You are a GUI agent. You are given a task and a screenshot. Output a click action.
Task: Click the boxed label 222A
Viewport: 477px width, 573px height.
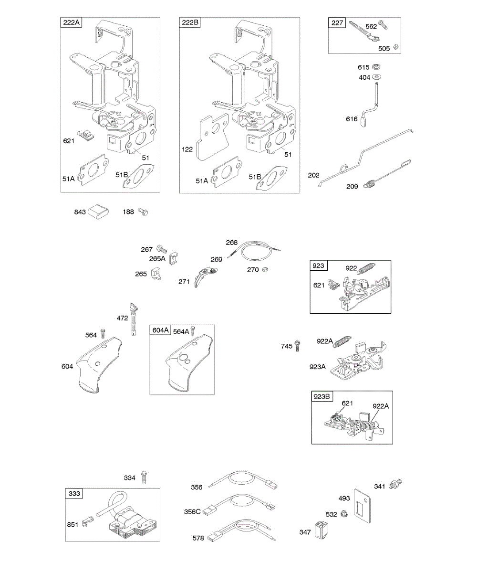click(71, 23)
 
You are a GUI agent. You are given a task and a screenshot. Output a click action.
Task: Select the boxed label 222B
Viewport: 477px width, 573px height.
click(189, 23)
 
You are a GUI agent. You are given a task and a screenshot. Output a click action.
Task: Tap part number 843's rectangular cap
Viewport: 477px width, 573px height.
click(98, 211)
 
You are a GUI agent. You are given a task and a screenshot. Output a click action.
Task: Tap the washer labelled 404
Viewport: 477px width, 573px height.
click(377, 77)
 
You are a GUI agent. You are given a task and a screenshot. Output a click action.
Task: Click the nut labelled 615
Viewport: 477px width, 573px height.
click(377, 67)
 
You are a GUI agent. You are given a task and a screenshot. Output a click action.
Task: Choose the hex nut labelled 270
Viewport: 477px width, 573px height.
click(266, 269)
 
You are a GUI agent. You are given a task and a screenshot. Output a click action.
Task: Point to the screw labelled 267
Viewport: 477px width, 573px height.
click(161, 249)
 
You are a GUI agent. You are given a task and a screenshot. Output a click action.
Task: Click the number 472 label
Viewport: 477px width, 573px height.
click(122, 317)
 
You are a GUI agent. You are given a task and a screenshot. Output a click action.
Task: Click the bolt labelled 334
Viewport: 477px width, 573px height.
click(145, 477)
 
